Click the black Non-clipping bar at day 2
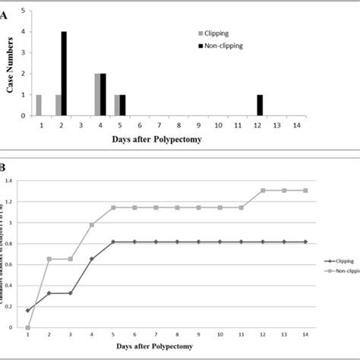tap(64, 74)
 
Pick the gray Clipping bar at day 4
tap(96, 95)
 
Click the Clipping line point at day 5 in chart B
tap(113, 242)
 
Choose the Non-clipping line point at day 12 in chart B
tap(262, 191)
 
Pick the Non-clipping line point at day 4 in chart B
tap(92, 225)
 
